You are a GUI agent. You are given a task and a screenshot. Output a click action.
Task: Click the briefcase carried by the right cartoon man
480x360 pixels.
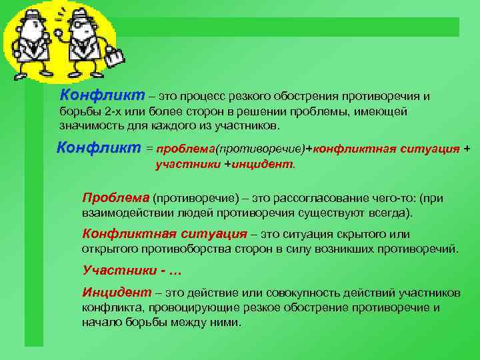click(x=114, y=58)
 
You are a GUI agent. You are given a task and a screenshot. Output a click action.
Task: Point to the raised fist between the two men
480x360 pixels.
click(x=58, y=31)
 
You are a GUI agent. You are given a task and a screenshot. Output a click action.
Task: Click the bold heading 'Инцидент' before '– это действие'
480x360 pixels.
click(x=116, y=293)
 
